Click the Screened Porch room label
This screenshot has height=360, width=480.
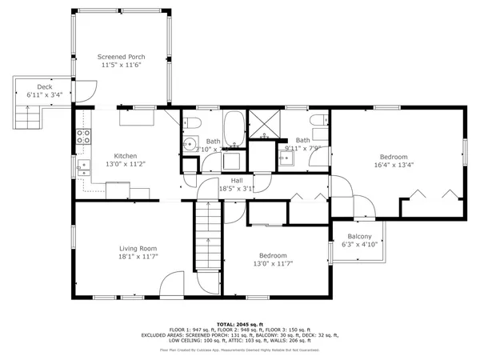[x=121, y=58]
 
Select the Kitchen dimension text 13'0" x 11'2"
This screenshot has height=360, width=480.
[x=126, y=164]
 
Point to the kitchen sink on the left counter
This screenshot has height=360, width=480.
[x=82, y=168]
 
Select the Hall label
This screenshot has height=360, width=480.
[x=237, y=181]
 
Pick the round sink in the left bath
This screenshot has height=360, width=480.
[x=189, y=145]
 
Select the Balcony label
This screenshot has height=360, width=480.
[x=359, y=237]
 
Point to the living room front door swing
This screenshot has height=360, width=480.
[x=172, y=285]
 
